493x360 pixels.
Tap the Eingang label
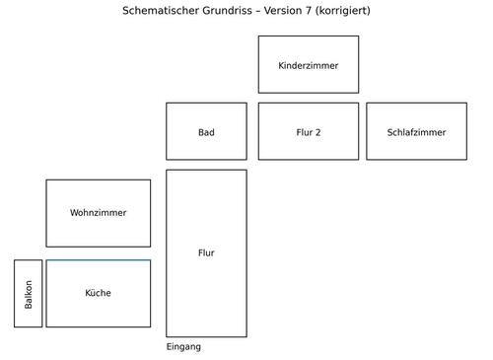click(x=183, y=347)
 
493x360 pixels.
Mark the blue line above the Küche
click(x=99, y=260)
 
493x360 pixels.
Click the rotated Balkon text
click(x=29, y=294)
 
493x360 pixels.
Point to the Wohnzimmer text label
click(x=99, y=213)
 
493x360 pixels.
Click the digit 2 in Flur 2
click(x=317, y=132)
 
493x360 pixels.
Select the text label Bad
click(x=206, y=132)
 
